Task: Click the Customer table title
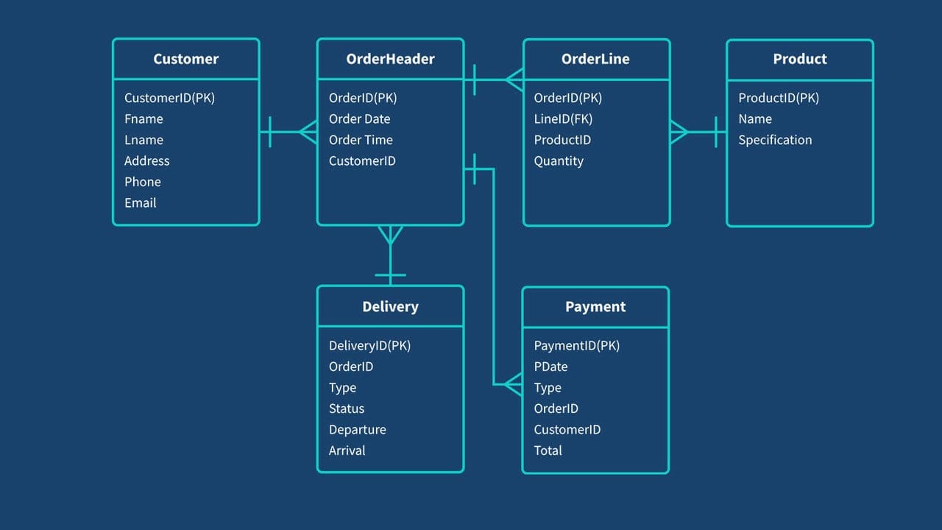pos(186,59)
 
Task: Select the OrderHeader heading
pos(390,59)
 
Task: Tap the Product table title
pos(800,59)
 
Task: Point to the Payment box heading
pos(595,307)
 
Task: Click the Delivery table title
pos(390,307)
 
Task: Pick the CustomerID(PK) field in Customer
pos(169,98)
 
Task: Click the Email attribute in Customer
pos(141,203)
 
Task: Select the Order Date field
pos(360,119)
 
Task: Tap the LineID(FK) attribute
pos(563,119)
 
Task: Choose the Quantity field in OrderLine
pos(559,161)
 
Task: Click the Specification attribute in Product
pos(775,140)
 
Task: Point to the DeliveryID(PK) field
pos(369,346)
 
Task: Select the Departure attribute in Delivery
pos(358,430)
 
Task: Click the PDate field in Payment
pos(550,367)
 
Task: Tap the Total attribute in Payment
pos(548,451)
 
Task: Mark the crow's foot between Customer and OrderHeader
pos(308,132)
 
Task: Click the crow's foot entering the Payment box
pos(514,384)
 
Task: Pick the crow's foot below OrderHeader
pos(390,235)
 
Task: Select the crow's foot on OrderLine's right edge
pos(679,132)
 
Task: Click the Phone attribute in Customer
pos(143,182)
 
